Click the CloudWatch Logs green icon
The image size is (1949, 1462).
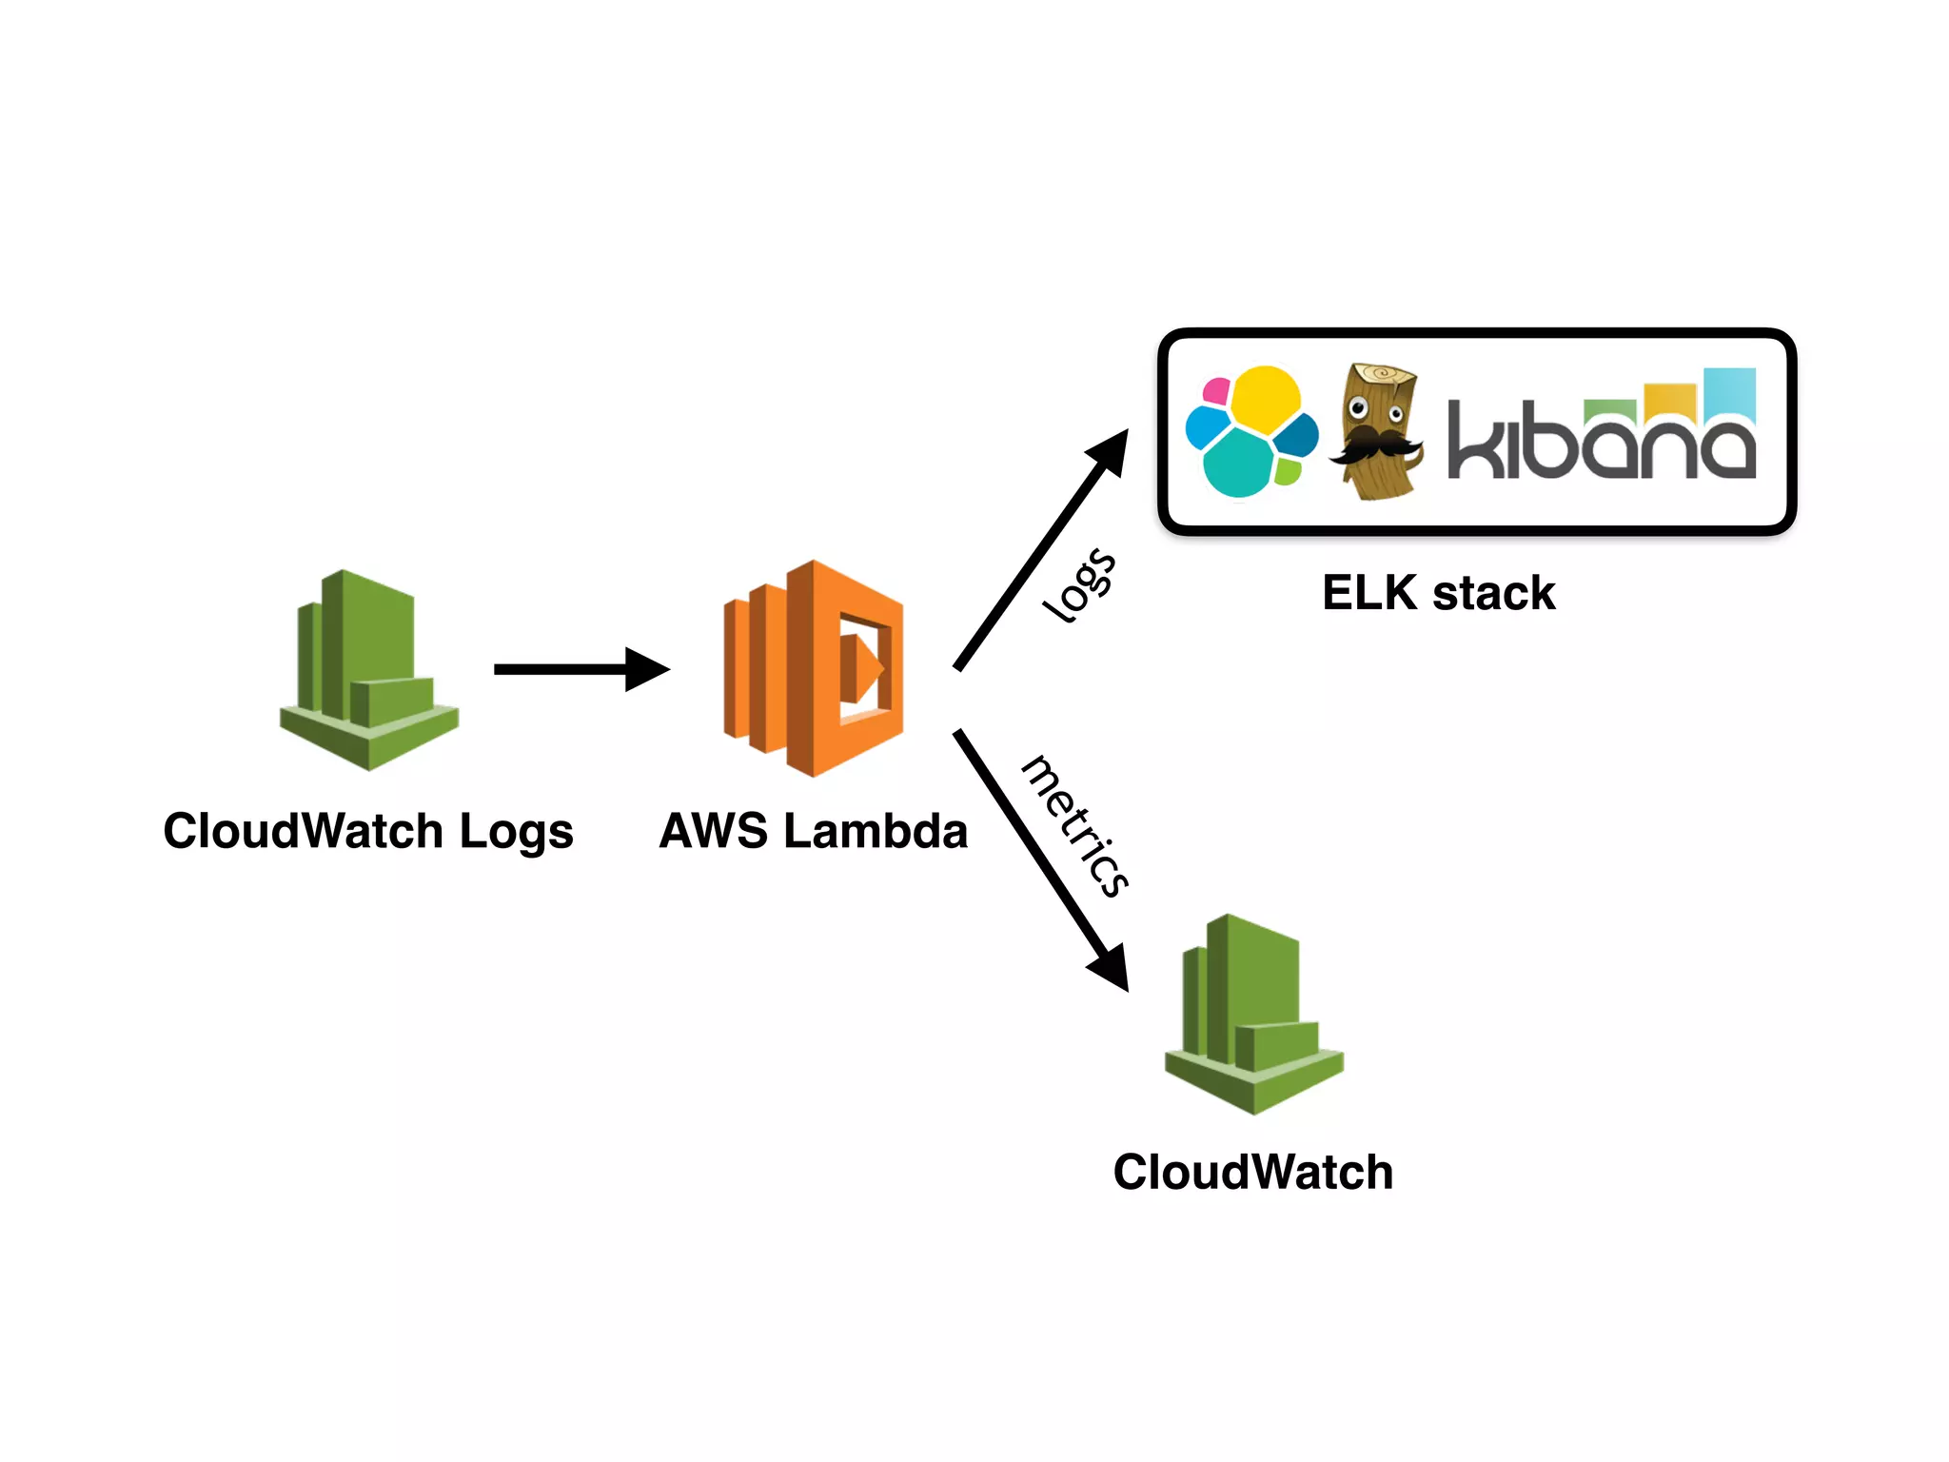369,671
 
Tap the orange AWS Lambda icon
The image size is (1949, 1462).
814,668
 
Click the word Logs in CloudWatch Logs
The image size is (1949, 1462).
516,832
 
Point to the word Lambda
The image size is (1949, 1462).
876,830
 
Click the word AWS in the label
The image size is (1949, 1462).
713,830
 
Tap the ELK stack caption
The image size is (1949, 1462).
1438,593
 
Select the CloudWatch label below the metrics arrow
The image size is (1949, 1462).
1252,1172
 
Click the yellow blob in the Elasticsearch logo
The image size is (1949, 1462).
1266,396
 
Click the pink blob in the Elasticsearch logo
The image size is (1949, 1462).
1216,390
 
